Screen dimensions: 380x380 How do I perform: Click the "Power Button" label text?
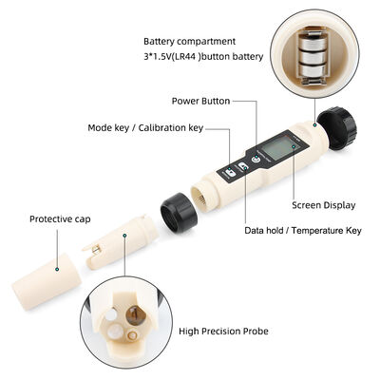[200, 100]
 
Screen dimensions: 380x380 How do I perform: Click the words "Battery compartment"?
[190, 42]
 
